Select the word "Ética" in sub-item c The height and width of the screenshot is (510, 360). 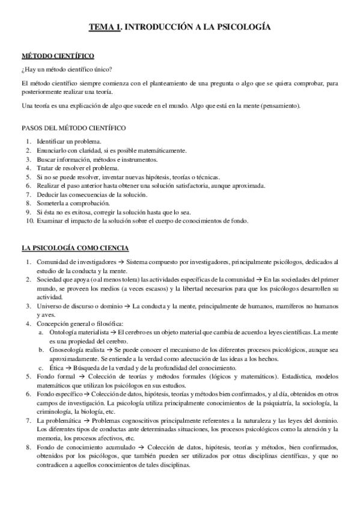pyautogui.click(x=58, y=368)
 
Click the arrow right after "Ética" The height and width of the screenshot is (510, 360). pyautogui.click(x=71, y=368)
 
